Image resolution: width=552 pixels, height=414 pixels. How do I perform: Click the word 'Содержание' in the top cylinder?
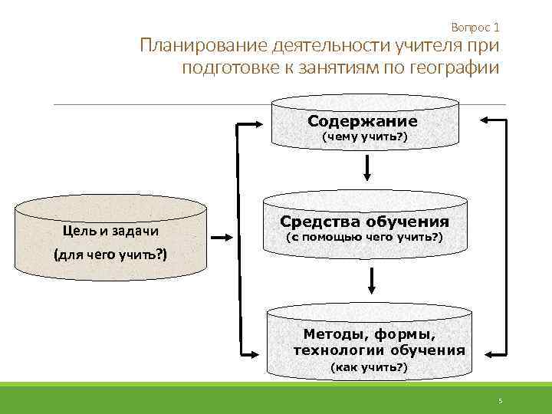(363, 121)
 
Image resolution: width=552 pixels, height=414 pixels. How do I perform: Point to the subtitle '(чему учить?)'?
(364, 137)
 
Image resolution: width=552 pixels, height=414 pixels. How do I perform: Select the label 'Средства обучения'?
(365, 222)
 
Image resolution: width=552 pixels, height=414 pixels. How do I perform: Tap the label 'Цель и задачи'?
(110, 232)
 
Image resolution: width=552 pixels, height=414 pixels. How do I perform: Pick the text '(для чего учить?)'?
(110, 255)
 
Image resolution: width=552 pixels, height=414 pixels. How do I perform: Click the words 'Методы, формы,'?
(370, 334)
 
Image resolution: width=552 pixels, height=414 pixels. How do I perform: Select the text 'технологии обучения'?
(379, 350)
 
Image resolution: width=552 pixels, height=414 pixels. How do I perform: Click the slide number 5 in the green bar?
(499, 401)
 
